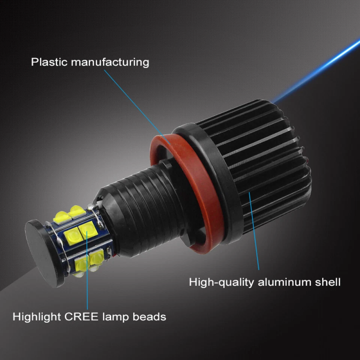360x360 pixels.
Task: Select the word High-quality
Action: tap(221, 282)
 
